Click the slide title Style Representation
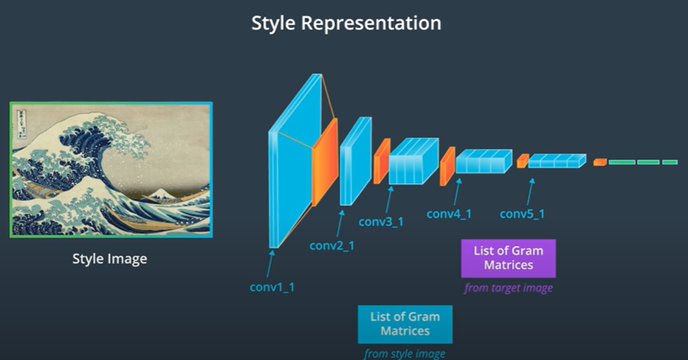(346, 23)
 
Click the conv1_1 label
(272, 287)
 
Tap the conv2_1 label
(331, 245)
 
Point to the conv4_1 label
(449, 213)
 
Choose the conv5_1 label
(522, 213)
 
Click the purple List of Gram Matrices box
(508, 258)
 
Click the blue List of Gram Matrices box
(405, 324)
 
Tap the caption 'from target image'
(508, 288)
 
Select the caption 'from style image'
(405, 354)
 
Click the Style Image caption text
(110, 258)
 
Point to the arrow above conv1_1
(271, 262)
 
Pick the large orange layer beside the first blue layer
(324, 163)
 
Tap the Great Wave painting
(111, 169)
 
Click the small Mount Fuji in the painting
(158, 193)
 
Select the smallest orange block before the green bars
(600, 162)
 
